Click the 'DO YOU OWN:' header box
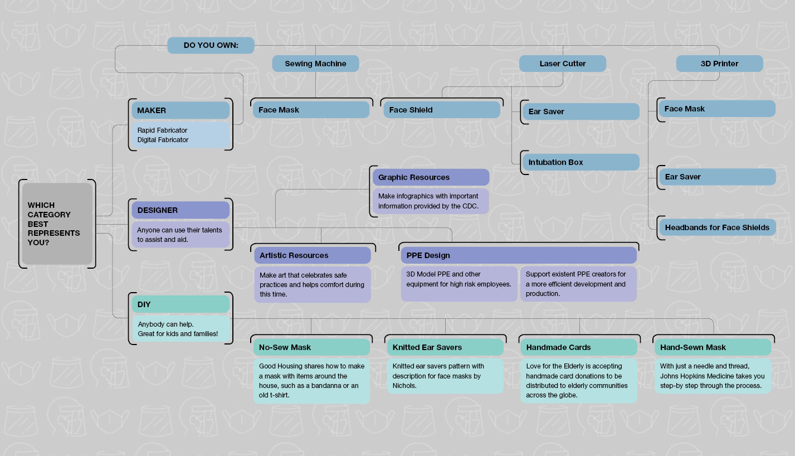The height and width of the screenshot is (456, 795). [x=211, y=45]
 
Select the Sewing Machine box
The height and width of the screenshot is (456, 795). [x=315, y=64]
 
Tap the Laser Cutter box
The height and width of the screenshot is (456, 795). [x=563, y=64]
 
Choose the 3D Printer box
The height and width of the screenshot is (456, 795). [x=719, y=64]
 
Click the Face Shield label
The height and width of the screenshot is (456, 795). [x=442, y=110]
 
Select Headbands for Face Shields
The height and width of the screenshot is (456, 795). [x=717, y=227]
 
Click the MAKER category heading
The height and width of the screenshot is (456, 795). [x=181, y=110]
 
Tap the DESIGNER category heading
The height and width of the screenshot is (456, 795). [x=181, y=210]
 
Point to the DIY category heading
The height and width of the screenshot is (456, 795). [x=181, y=304]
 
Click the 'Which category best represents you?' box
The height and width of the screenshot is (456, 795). [x=57, y=224]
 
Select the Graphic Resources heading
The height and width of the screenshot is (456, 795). [x=431, y=177]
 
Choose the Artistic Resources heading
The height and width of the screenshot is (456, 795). [x=313, y=255]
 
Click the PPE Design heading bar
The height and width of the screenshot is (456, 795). [x=519, y=255]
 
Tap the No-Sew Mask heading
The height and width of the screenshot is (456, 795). [x=312, y=347]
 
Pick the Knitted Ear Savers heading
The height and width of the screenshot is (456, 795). [x=445, y=347]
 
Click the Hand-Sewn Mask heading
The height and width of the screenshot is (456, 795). [x=713, y=347]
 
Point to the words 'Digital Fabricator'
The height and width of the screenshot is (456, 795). [x=163, y=140]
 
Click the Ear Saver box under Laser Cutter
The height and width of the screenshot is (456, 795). [x=581, y=111]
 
